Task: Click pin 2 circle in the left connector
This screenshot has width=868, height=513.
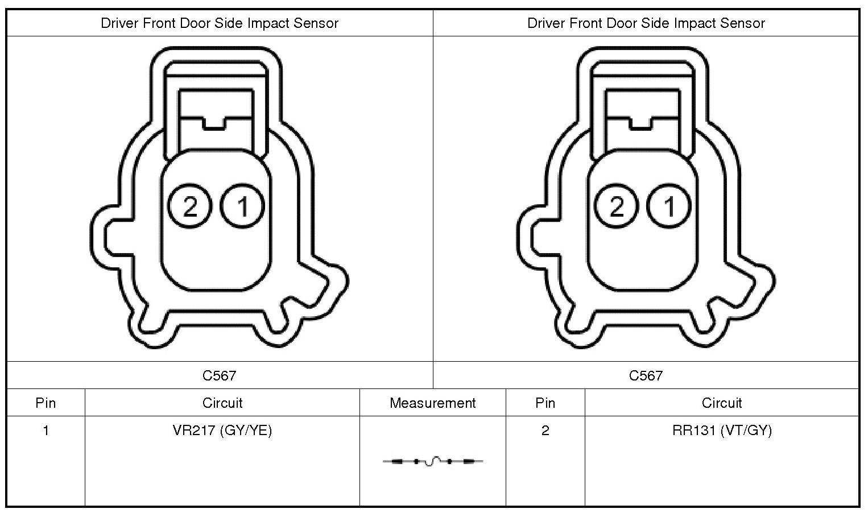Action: (x=189, y=206)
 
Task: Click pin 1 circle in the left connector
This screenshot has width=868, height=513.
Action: (x=242, y=206)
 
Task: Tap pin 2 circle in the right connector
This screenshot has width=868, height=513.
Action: (x=616, y=206)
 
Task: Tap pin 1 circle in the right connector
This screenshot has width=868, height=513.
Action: (x=669, y=206)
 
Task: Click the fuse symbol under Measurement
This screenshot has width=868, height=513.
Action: (x=433, y=461)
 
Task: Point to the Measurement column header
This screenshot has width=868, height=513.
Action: (x=433, y=403)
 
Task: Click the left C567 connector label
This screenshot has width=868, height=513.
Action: (x=220, y=375)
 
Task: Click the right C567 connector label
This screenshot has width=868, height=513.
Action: (x=646, y=375)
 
